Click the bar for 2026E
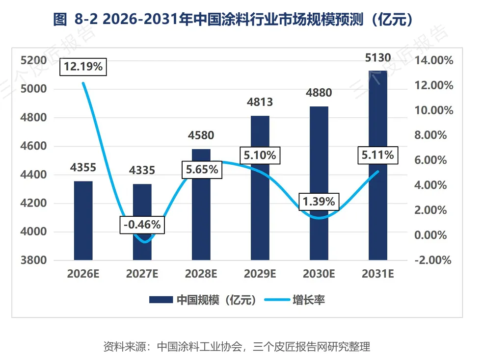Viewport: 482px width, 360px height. coord(83,221)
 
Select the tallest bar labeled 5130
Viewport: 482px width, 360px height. coord(378,165)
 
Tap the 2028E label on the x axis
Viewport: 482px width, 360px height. coord(201,274)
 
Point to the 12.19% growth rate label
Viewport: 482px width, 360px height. coord(83,67)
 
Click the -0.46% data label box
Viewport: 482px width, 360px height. coord(142,225)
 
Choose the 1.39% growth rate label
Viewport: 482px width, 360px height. coord(319,202)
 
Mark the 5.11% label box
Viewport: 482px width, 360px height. coord(378,155)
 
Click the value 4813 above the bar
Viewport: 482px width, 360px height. coord(260,102)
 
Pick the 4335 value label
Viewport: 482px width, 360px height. coord(142,170)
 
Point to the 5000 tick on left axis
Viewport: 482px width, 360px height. coord(33,89)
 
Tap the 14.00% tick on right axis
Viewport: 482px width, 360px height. coord(434,60)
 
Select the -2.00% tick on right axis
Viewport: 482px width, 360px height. coord(433,260)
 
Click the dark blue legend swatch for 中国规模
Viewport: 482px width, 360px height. coord(161,300)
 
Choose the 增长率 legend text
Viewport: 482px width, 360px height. coord(309,300)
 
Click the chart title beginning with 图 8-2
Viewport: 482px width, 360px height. coord(233,19)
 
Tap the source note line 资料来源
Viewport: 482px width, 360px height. coord(237,347)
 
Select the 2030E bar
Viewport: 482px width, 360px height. coord(319,183)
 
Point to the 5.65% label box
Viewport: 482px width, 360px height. coord(202,170)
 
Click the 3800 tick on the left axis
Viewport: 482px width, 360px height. coord(33,260)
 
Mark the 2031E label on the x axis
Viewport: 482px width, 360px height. coord(378,274)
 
